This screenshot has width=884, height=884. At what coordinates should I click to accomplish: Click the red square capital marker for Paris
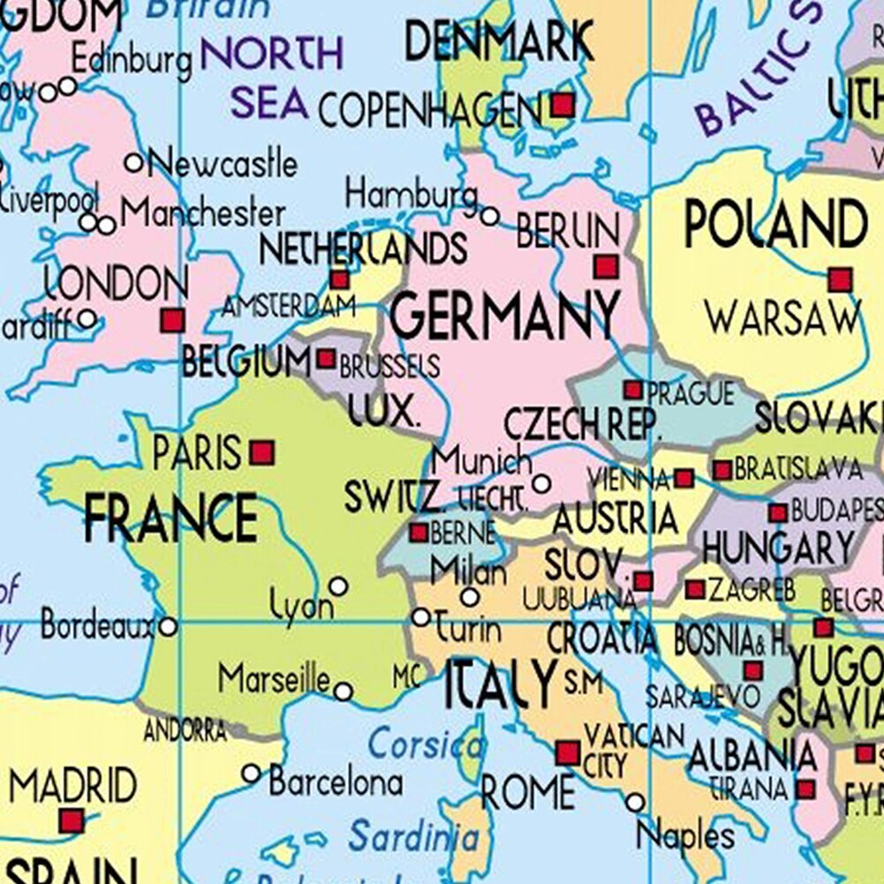click(261, 454)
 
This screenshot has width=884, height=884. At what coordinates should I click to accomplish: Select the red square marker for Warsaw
click(840, 281)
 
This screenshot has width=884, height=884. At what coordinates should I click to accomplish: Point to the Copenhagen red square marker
click(563, 106)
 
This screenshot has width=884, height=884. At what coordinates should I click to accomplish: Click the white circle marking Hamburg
click(489, 215)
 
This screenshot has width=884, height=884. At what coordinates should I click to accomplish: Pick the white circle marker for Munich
click(541, 484)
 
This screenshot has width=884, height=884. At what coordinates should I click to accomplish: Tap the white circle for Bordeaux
click(167, 627)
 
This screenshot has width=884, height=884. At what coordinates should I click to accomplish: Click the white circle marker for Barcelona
click(251, 774)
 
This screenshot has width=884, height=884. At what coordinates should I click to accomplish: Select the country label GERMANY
click(504, 315)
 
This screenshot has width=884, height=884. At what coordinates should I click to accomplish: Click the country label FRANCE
click(170, 518)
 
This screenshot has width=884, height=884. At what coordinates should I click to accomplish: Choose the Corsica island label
click(426, 744)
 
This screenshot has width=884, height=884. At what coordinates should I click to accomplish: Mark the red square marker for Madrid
click(71, 821)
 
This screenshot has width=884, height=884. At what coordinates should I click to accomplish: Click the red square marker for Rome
click(567, 753)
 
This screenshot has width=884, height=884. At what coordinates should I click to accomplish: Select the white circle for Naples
click(635, 802)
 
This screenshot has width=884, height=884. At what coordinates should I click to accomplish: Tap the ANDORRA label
click(185, 730)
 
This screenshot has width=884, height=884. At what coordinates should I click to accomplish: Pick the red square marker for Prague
click(633, 389)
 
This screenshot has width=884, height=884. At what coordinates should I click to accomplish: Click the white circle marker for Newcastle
click(134, 162)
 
